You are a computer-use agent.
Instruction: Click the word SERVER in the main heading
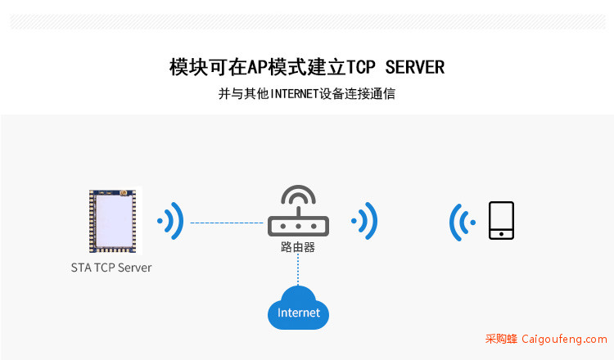point(415,67)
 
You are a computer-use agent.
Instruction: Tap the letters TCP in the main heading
point(361,67)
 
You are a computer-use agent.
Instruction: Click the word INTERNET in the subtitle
point(294,94)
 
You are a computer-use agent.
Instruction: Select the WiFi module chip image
point(113,221)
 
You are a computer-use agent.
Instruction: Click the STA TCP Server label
point(111,268)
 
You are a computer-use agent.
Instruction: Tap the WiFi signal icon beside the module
point(171,221)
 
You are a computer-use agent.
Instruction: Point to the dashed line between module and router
point(227,223)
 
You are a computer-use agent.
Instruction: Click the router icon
point(298,211)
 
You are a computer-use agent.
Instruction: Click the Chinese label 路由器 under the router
point(298,247)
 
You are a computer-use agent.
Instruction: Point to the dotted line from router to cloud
point(298,270)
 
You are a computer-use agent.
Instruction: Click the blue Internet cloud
point(298,308)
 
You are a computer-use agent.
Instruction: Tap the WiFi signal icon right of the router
point(365,221)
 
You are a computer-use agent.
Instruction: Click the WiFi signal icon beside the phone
point(462,223)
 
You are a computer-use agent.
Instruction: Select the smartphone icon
point(501,220)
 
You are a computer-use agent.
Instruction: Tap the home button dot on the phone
point(501,234)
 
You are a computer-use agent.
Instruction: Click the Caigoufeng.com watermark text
point(564,339)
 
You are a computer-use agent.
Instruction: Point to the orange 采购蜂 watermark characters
point(501,339)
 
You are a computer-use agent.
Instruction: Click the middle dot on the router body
point(298,226)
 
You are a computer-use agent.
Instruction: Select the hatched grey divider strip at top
point(307,22)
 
